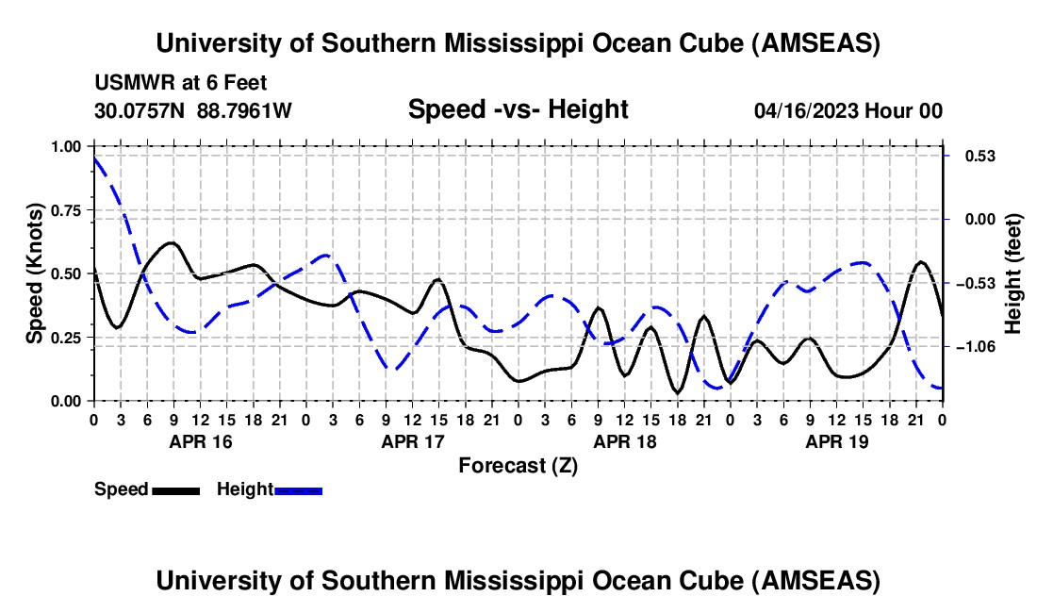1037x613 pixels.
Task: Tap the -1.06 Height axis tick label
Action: tap(973, 347)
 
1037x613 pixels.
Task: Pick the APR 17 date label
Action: tap(412, 440)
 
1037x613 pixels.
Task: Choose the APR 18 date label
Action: tap(624, 440)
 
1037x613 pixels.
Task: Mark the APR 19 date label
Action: tap(836, 440)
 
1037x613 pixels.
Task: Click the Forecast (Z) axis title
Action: tap(518, 465)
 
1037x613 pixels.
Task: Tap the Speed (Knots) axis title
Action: tap(34, 273)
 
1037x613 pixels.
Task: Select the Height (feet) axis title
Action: tap(1013, 273)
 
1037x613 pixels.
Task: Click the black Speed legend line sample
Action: tap(175, 489)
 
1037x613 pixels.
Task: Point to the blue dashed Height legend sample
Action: tap(298, 489)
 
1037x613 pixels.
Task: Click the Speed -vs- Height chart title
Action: tap(518, 109)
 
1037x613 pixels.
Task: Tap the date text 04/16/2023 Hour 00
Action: tap(848, 110)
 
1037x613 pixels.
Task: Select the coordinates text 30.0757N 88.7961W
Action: tap(193, 110)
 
